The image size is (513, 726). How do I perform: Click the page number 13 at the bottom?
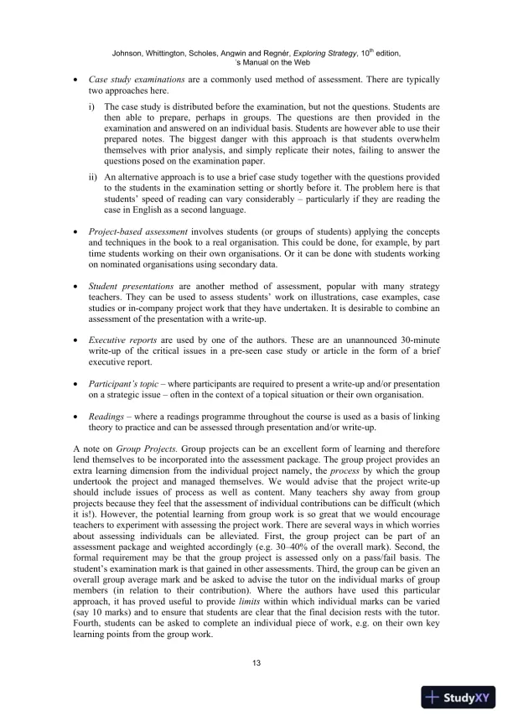point(256,664)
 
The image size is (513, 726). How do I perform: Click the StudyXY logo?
point(459,697)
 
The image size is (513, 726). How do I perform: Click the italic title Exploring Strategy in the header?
point(317,53)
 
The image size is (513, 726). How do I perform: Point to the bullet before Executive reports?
point(76,356)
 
